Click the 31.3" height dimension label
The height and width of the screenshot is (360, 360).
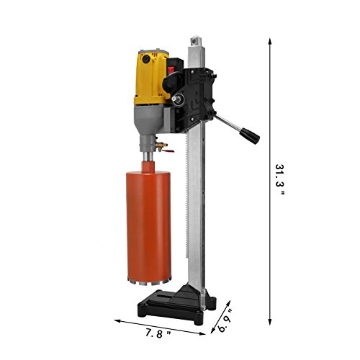pyautogui.click(x=279, y=179)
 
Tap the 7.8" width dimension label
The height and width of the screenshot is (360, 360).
pyautogui.click(x=158, y=333)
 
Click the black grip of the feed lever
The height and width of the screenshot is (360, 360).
pyautogui.click(x=251, y=136)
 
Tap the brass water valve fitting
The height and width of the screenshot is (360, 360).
pyautogui.click(x=161, y=145)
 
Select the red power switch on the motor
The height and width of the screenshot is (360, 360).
pyautogui.click(x=171, y=70)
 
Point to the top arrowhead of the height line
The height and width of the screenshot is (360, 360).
pyautogui.click(x=270, y=41)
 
